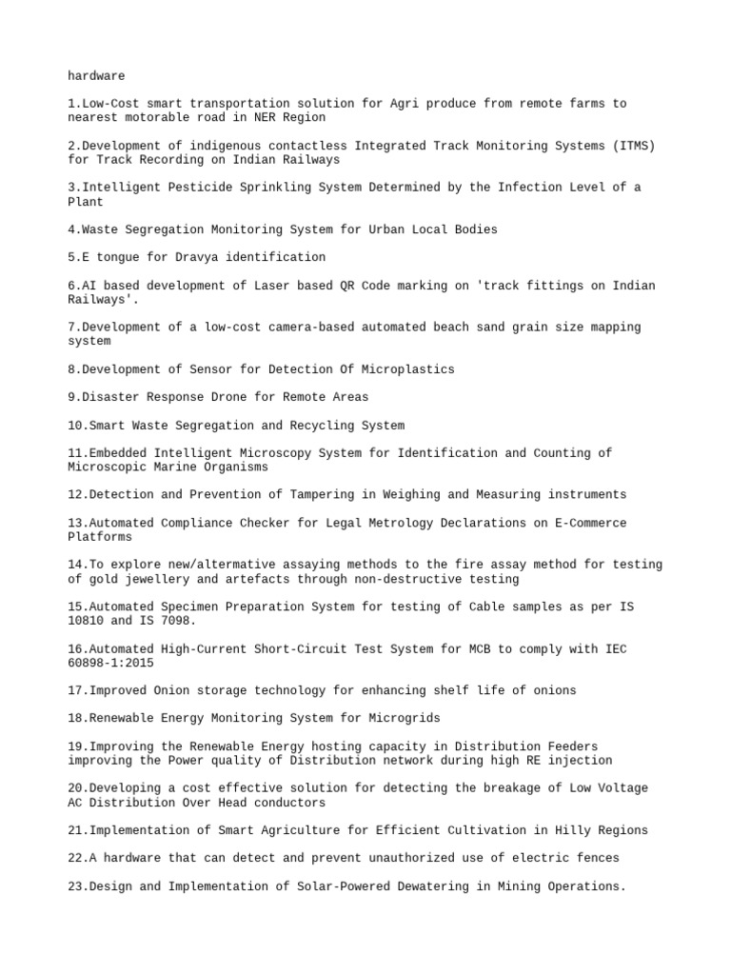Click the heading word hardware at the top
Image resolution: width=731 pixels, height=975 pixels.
[96, 75]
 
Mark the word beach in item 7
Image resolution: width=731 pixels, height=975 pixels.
[449, 328]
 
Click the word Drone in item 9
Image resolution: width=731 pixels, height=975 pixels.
[228, 397]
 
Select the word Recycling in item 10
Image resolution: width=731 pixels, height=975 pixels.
[321, 426]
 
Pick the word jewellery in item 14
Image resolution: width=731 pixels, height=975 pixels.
[157, 579]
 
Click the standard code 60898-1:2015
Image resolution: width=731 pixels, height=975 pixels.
[110, 663]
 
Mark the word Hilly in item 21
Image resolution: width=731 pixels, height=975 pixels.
[567, 830]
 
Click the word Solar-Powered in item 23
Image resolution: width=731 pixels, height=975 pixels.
[343, 886]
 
